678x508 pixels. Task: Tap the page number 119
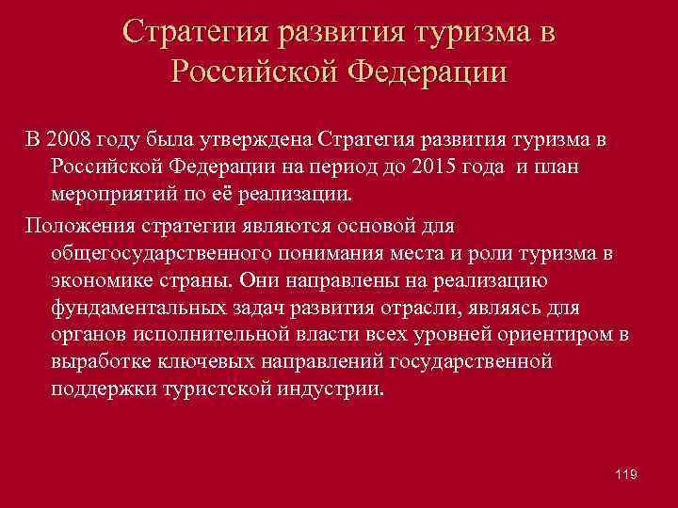(x=625, y=476)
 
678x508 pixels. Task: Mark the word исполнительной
(x=218, y=335)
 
